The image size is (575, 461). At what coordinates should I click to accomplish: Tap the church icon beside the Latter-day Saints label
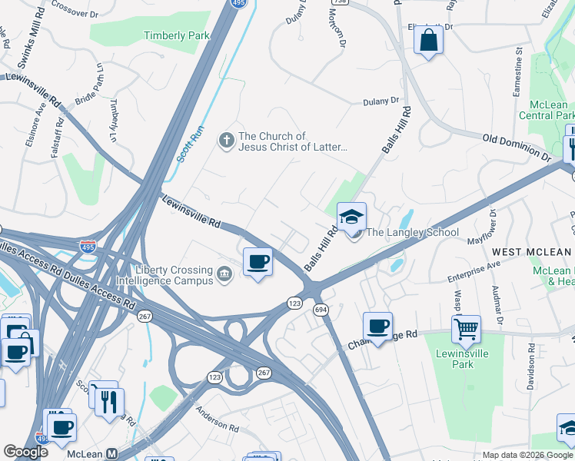pos(226,141)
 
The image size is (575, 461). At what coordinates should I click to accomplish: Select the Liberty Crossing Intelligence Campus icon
pos(224,275)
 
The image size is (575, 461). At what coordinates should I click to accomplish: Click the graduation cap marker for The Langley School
pos(351,217)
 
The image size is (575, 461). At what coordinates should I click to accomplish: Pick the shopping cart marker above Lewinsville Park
pos(466,330)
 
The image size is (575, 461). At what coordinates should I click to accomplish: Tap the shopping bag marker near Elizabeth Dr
pos(428,39)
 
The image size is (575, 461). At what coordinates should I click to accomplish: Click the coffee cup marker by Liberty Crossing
pos(258,262)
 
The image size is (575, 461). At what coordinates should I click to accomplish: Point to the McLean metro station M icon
pos(112,453)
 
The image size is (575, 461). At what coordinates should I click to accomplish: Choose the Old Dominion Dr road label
pos(517,147)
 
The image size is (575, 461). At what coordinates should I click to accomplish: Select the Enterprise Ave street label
pos(474,270)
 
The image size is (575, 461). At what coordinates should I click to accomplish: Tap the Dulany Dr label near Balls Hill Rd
pos(381,101)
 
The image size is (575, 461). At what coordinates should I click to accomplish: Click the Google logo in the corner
pos(25,452)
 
